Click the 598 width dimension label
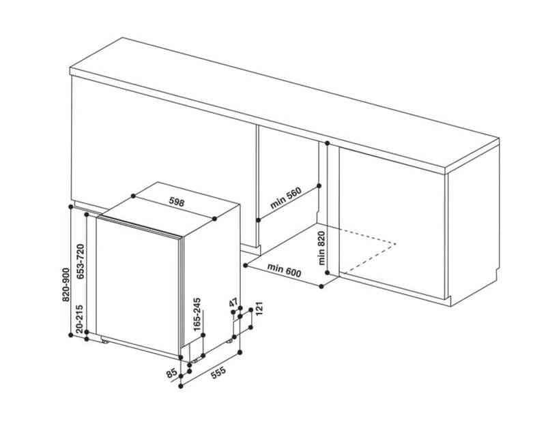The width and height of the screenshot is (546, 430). pos(177,202)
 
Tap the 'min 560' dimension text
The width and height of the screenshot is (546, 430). pos(285,198)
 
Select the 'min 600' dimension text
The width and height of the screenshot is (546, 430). pos(284,270)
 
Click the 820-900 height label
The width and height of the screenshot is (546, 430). pos(66,284)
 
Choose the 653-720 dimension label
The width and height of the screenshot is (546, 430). pos(81,262)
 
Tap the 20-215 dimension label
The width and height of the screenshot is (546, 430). pos(79,319)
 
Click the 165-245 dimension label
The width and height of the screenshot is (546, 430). pos(197,314)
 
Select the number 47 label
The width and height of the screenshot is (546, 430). pos(233,303)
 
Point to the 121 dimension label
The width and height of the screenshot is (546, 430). pos(259,309)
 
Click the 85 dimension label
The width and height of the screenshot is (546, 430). pos(171,373)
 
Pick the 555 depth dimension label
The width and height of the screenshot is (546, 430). pos(218,373)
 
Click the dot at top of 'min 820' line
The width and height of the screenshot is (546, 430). pos(327,143)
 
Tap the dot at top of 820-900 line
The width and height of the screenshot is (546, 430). pos(71,207)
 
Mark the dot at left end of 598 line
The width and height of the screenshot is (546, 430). pos(133,196)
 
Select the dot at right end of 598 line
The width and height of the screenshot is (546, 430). pos(214,219)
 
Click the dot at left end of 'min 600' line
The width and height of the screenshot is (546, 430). pos(246,265)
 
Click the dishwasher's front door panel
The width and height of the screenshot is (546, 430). pos(138,286)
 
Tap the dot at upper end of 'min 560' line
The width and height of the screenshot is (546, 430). pos(319,186)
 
